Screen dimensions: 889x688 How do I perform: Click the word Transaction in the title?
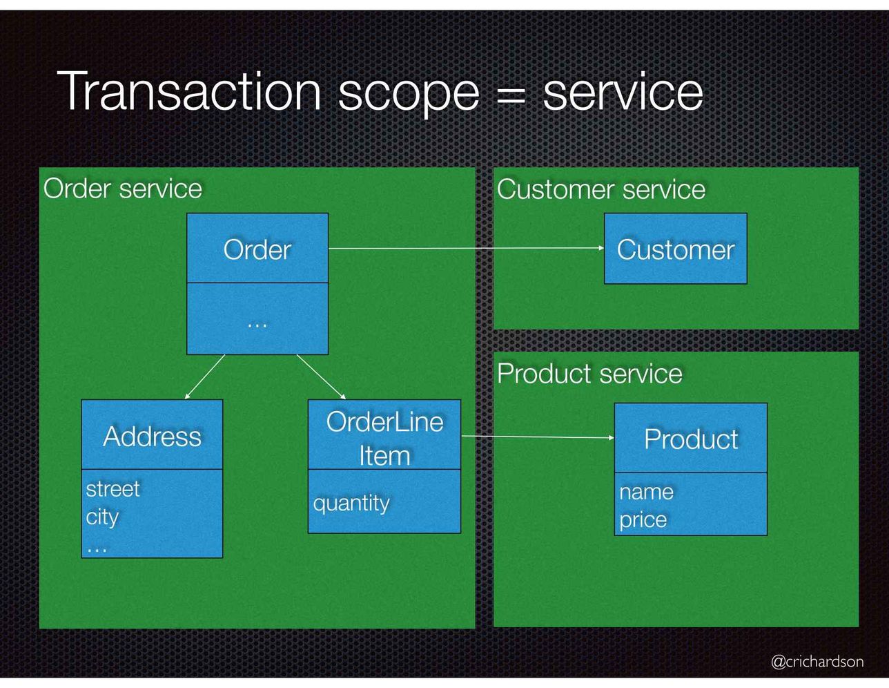tap(189, 90)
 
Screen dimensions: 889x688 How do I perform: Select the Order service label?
tap(123, 189)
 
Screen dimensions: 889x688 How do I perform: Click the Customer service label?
tap(601, 189)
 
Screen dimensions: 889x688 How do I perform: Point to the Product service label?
tap(589, 374)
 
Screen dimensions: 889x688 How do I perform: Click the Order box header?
tap(257, 248)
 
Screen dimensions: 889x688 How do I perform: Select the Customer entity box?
tap(676, 249)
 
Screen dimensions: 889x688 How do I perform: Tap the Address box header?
tap(152, 434)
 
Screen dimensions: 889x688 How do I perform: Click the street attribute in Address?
tap(113, 488)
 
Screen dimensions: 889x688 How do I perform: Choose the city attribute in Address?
tap(102, 517)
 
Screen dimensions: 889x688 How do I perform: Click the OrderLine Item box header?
tap(384, 434)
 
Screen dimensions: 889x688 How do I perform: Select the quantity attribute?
tap(351, 504)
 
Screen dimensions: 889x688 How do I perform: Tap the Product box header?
tap(691, 438)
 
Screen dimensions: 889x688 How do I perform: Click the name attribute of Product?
tap(646, 492)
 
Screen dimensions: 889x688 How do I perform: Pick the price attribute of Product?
tap(643, 520)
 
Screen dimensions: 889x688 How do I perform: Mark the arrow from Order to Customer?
tap(467, 248)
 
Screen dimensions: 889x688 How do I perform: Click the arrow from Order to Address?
tap(204, 377)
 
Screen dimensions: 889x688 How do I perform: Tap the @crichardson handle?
tap(817, 661)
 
